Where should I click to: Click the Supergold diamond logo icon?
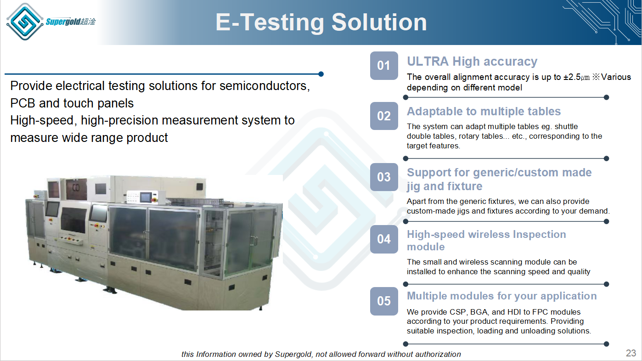(25, 22)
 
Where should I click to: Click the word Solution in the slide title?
(379, 22)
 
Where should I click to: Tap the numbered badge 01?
(384, 66)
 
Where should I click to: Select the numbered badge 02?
(384, 116)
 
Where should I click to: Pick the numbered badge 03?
(384, 177)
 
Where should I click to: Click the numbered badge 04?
(384, 239)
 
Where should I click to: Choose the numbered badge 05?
(384, 301)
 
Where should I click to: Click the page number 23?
(631, 353)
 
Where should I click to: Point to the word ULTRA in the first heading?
(428, 62)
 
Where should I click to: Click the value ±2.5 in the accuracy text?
(572, 77)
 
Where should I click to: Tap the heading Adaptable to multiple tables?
(484, 111)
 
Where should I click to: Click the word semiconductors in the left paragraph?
(265, 86)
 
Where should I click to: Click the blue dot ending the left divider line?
(321, 74)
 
